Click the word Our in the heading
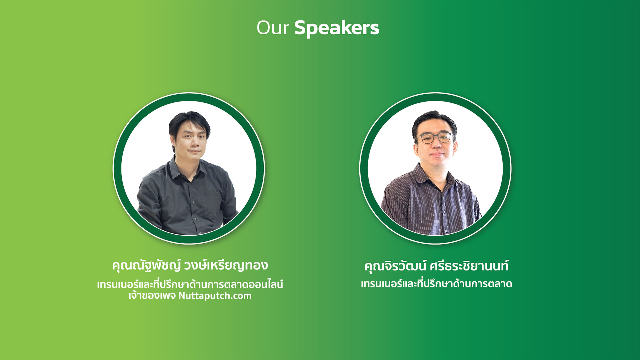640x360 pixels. [x=273, y=28]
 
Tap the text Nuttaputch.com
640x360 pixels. [x=215, y=296]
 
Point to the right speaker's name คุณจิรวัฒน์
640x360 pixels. [x=395, y=266]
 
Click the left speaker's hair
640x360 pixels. [x=189, y=122]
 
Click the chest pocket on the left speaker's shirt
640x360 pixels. [x=211, y=204]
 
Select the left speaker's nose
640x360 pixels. [x=194, y=143]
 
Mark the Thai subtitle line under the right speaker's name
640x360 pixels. [x=436, y=284]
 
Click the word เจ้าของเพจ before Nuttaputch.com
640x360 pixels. [x=152, y=296]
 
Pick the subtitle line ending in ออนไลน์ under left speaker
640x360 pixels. [x=190, y=284]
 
